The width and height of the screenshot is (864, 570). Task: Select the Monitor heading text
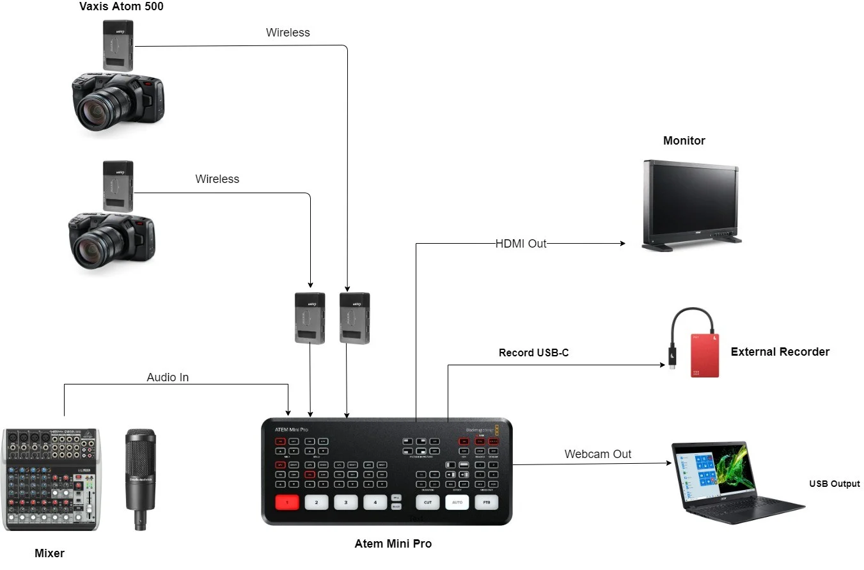684,141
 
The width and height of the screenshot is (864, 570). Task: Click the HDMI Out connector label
521,244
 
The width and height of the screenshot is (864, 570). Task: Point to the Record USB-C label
533,352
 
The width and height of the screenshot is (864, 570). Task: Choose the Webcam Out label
597,454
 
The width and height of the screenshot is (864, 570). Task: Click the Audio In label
168,377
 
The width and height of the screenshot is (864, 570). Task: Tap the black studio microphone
139,477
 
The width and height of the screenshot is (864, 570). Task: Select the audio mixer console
51,479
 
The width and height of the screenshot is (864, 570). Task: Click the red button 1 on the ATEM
287,502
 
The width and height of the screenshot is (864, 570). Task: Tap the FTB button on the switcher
486,502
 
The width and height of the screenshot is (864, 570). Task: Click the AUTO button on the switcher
457,502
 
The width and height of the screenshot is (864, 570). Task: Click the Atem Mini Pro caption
393,544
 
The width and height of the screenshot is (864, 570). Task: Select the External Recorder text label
780,352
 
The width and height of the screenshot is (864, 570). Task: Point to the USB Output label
834,484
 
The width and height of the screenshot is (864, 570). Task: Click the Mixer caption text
49,553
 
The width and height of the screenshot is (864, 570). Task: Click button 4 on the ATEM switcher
375,502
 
